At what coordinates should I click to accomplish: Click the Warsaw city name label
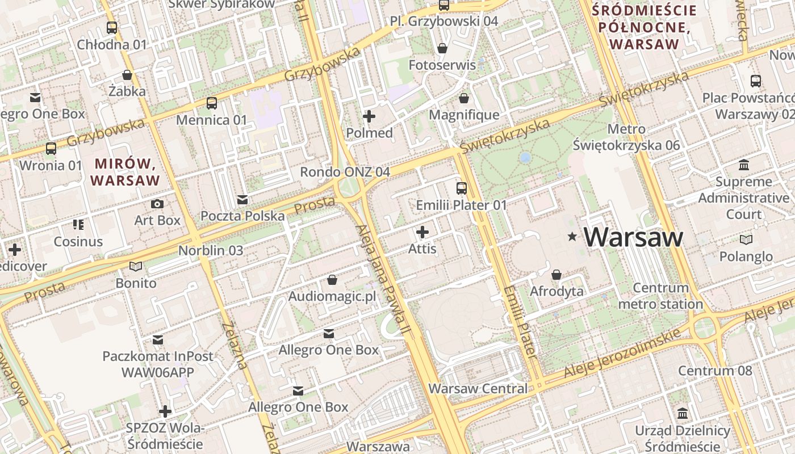point(633,237)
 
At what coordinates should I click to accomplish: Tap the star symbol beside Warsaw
point(572,237)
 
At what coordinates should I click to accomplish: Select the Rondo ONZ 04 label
point(345,171)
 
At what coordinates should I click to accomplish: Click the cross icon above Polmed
point(369,117)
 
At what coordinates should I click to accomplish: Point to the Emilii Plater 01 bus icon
point(462,188)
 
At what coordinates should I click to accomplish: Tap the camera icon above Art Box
point(157,204)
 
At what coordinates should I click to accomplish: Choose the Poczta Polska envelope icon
point(242,199)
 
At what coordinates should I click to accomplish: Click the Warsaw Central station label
point(478,389)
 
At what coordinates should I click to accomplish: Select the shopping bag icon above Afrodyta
point(556,275)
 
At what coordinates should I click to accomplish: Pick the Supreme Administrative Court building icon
point(743,165)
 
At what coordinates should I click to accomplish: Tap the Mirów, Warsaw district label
point(125,173)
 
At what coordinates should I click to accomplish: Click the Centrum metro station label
point(660,296)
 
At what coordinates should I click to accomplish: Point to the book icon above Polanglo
point(746,240)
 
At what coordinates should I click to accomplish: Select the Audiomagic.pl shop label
point(332,296)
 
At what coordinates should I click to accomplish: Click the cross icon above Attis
point(422,232)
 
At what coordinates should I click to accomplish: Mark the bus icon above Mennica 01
point(212,103)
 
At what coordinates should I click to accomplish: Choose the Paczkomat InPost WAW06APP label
point(158,364)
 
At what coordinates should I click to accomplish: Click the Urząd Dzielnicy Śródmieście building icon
point(683,413)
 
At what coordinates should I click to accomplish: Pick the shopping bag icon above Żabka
point(127,75)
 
